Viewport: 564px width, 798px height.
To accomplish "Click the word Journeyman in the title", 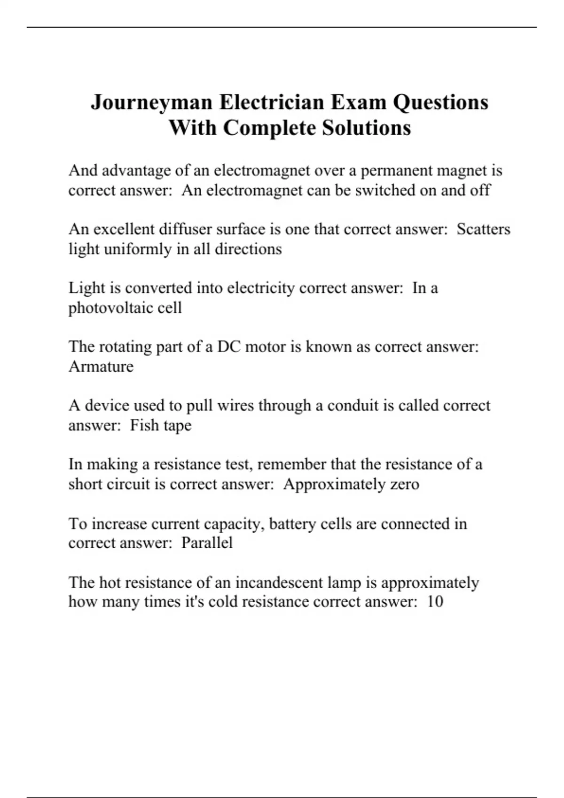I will (151, 102).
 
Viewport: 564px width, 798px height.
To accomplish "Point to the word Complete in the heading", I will (270, 128).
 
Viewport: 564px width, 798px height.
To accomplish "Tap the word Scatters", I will (484, 229).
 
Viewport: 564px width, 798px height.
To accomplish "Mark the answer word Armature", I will (101, 367).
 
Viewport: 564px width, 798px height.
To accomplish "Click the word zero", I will (405, 484).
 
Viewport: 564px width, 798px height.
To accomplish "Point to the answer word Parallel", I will (207, 543).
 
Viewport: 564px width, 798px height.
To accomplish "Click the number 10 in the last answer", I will (435, 602).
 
